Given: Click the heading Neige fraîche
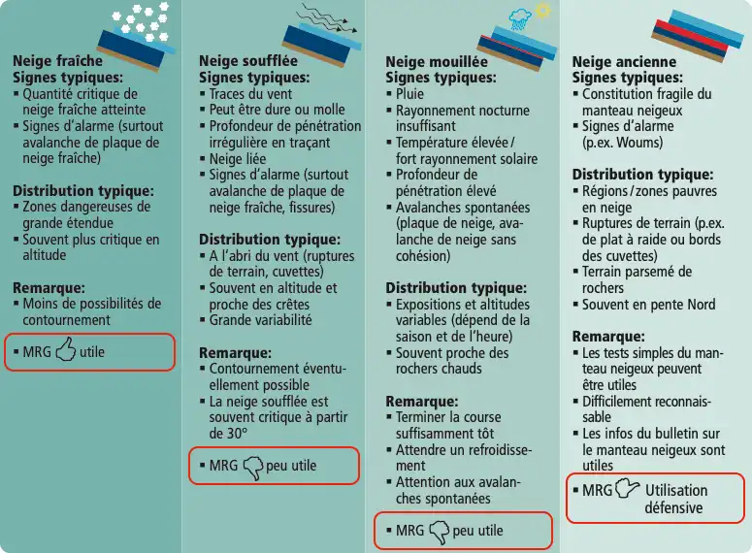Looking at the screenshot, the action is point(57,61).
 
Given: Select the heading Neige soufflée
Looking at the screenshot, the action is point(248,61).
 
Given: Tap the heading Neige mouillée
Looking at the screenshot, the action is point(437,62).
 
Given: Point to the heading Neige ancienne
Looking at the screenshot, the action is point(624,62).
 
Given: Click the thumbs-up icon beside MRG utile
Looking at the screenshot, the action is point(66,348).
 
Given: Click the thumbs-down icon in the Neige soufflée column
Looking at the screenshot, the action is point(253,468).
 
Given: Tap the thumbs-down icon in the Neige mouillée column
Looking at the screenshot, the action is point(440,533).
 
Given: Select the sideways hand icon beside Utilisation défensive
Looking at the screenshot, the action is point(627,488).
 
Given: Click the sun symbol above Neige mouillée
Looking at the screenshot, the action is point(543,10).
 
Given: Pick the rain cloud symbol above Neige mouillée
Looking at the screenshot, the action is point(519,20).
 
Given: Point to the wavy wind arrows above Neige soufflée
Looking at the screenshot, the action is point(327,18).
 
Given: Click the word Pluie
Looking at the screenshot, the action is point(409,94).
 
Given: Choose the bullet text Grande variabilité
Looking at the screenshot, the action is point(260,320).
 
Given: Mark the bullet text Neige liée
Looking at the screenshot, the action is point(238,159).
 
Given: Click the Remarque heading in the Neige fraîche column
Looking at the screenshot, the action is point(49,288).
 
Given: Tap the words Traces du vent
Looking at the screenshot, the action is point(250,94).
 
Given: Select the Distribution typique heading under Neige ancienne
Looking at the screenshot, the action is point(642,174).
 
